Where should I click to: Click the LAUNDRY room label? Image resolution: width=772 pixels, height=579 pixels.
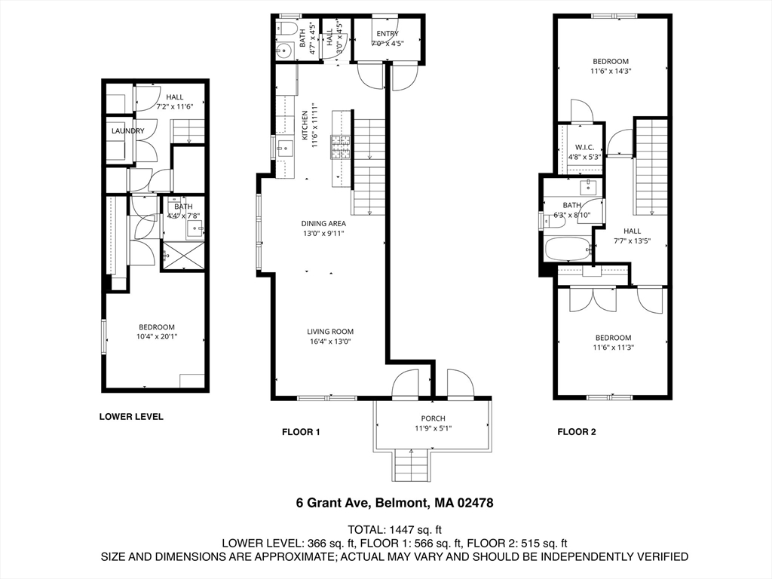coord(127,131)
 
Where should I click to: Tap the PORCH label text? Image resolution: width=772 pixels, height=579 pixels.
coord(433,418)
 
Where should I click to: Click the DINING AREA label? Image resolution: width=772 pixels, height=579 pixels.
coord(323,223)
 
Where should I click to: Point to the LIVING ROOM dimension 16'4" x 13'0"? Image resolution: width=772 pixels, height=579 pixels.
coord(330,342)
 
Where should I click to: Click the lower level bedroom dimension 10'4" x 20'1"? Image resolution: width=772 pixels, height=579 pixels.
coord(157,336)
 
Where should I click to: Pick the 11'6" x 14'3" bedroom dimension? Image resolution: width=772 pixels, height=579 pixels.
coord(610,72)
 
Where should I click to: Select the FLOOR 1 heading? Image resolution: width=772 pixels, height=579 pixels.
coord(301,432)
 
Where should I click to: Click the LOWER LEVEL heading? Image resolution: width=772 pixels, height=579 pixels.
coord(131,416)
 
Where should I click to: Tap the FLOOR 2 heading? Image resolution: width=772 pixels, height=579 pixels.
coord(577,432)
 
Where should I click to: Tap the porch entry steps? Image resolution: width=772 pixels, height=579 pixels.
coord(412,464)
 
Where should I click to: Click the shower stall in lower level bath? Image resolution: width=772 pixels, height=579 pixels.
coord(183,255)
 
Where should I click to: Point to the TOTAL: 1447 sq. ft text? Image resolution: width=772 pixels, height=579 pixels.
coord(394,528)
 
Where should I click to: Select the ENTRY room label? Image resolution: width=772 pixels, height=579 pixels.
coord(388,34)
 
